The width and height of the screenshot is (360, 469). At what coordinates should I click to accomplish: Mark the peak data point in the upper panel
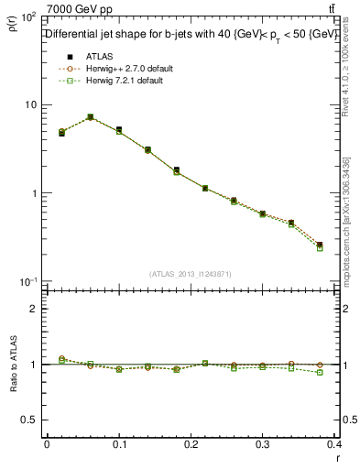pos(90,117)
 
